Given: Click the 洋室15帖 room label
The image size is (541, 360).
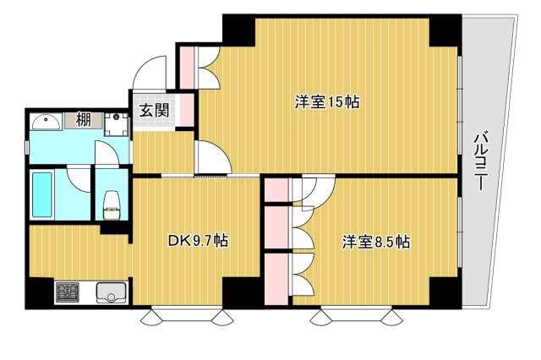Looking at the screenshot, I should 327,102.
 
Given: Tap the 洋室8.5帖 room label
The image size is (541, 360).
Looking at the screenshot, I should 376,242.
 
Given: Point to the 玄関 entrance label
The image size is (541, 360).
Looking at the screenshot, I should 153,109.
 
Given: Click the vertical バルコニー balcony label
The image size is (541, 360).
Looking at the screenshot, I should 480,161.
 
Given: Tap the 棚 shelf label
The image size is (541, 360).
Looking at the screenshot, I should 84,120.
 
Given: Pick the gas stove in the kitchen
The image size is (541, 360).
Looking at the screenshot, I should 68,293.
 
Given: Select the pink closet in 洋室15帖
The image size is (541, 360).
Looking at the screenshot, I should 186,67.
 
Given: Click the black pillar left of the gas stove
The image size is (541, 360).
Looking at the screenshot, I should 39,293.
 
